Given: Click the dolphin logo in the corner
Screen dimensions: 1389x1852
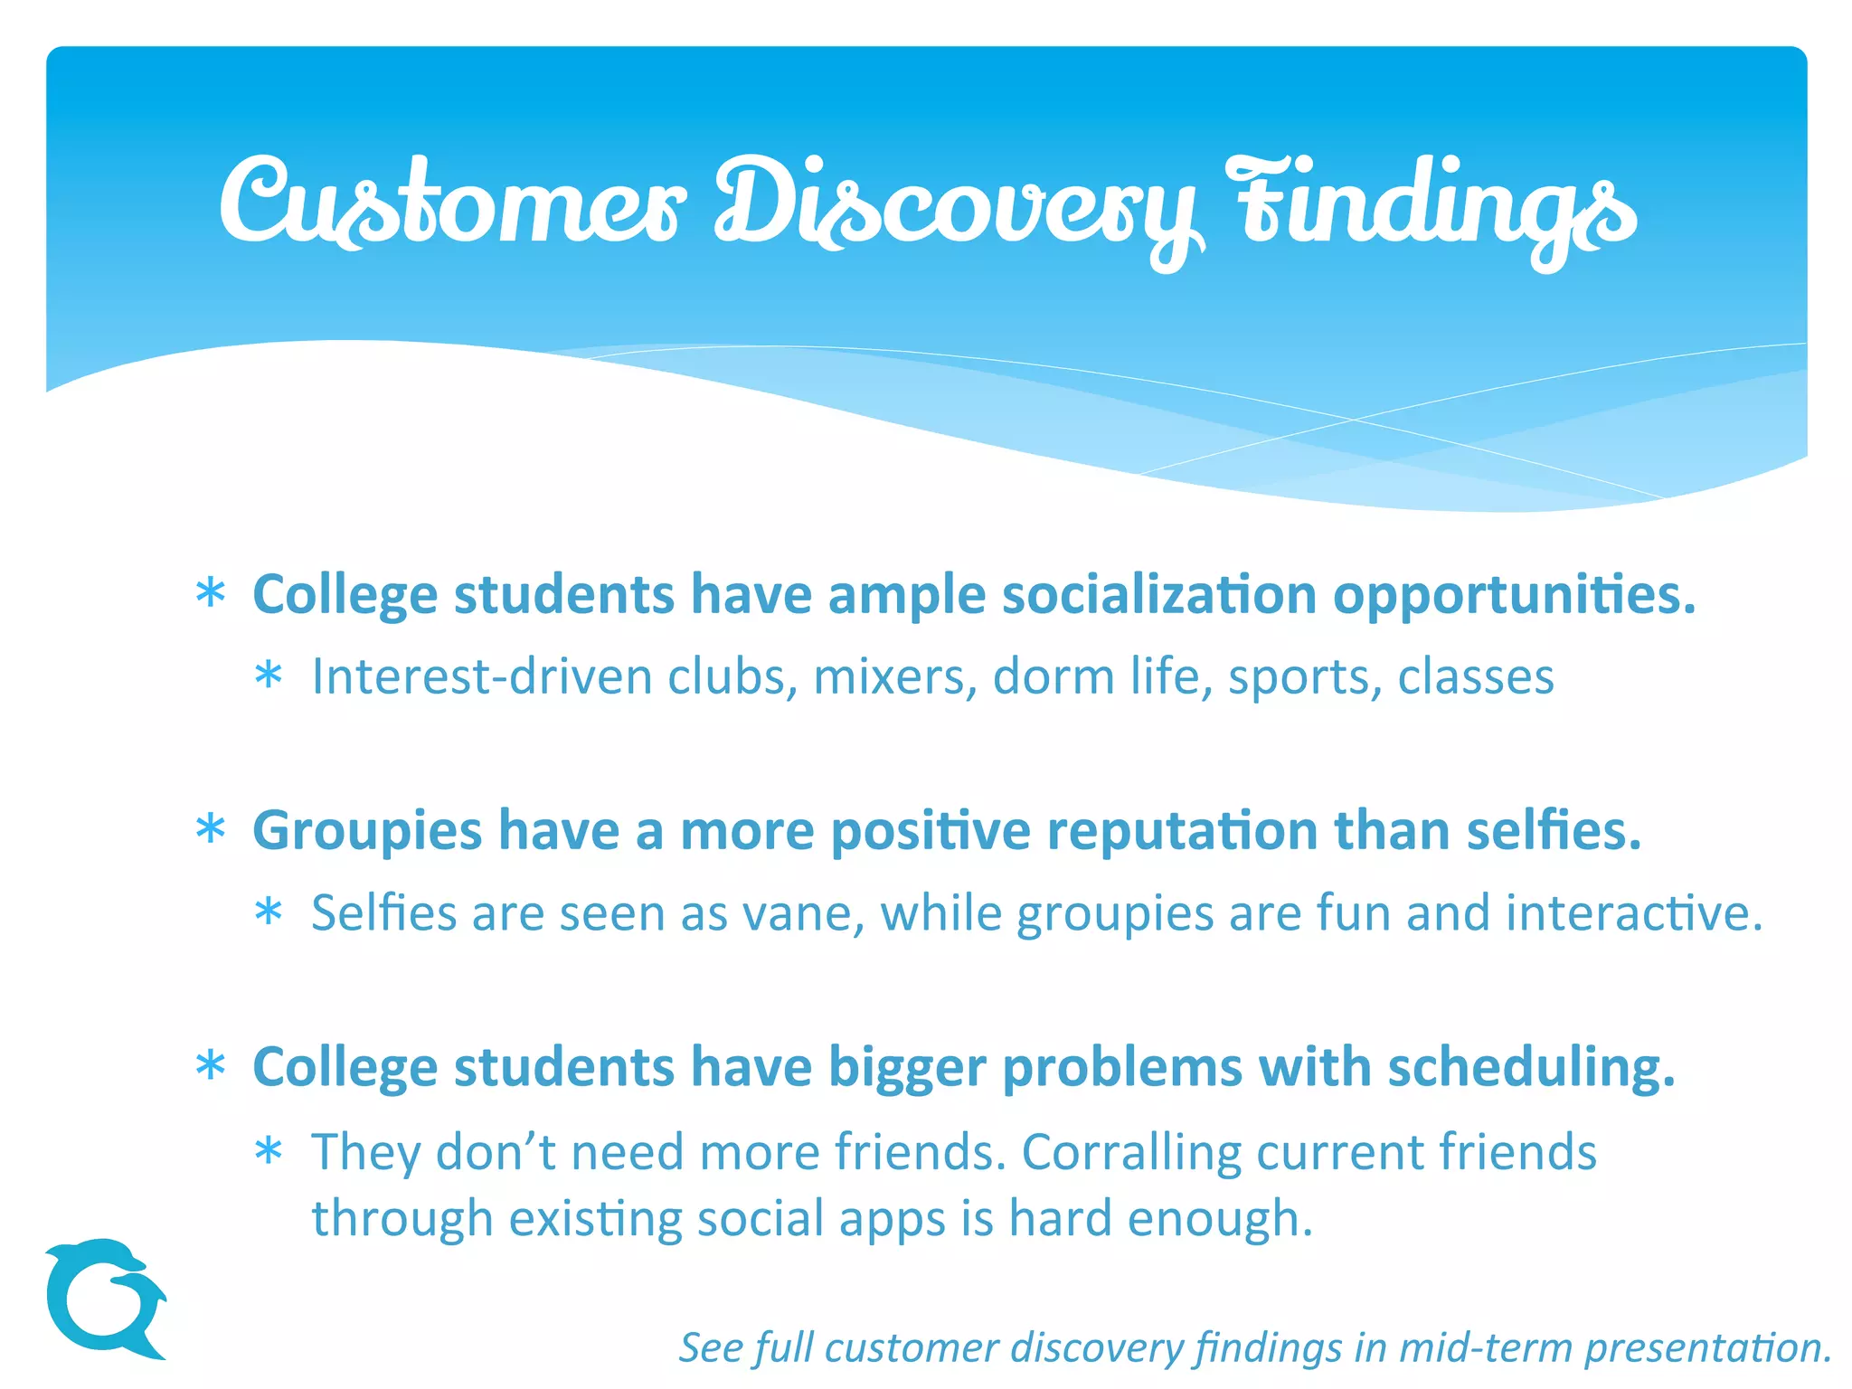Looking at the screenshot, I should pos(104,1298).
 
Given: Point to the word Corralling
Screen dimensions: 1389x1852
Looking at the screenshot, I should pos(1130,1152).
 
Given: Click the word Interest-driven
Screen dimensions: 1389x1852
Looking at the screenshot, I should pos(481,677).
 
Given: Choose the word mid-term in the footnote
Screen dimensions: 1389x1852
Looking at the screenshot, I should pos(1485,1347).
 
